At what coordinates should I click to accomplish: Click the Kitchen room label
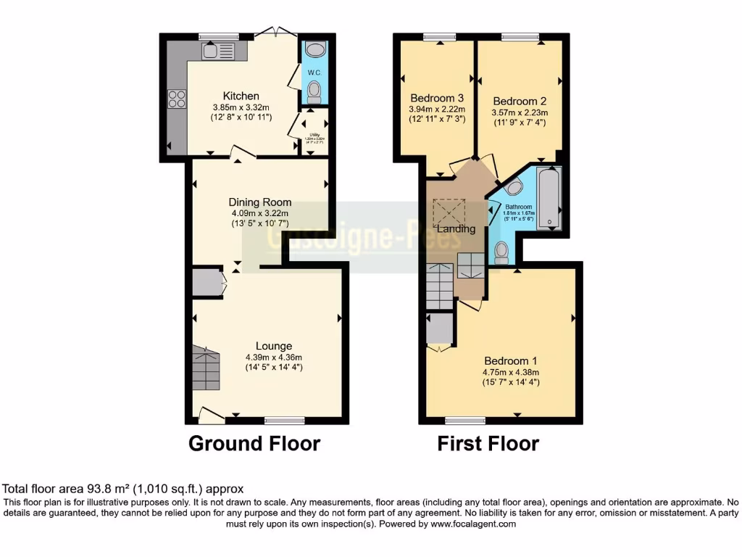(241, 96)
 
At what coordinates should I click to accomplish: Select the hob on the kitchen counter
(177, 99)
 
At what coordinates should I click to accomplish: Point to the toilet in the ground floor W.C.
(314, 92)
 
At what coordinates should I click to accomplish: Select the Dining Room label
(260, 202)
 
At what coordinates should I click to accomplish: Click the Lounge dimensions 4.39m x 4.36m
(273, 357)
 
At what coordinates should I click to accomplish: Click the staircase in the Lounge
(206, 368)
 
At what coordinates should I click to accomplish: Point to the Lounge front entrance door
(211, 415)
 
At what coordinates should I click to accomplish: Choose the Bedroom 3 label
(436, 98)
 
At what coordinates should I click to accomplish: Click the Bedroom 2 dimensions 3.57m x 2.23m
(520, 112)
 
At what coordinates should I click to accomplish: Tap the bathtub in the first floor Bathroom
(549, 197)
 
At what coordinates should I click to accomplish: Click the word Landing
(456, 229)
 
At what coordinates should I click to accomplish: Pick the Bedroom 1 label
(510, 361)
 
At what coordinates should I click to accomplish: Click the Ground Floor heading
(254, 443)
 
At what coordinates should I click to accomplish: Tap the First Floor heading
(488, 443)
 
